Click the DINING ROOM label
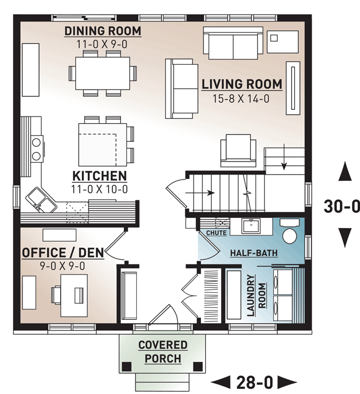pos(103,31)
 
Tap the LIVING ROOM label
pos(242,84)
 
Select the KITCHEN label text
pos(100,176)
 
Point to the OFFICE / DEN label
pos(63,253)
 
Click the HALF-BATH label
pos(254,253)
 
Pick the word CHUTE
pos(216,233)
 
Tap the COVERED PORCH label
pos(163,352)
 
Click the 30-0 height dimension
pos(341,207)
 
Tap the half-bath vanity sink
pos(251,226)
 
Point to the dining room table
pos(103,73)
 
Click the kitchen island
pos(103,145)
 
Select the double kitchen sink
pos(42,200)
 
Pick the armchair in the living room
pos(238,150)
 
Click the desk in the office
pos(74,295)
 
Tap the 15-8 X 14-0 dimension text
pos(241,98)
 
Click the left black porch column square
pos(127,366)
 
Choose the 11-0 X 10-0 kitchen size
pos(100,189)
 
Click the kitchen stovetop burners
pos(37,149)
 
